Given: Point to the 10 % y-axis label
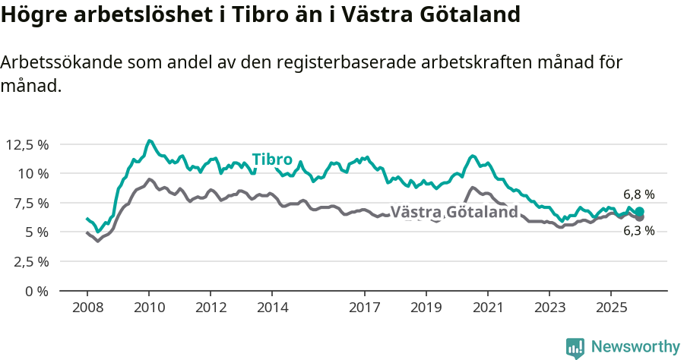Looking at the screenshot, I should coord(33,173).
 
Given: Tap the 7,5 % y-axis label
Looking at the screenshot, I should coord(30,203).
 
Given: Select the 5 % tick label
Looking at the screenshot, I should coord(36,232).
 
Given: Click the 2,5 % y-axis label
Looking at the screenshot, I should coord(30,261).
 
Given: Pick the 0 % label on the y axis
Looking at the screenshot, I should coord(36,291).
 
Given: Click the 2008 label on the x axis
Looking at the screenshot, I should coord(87,308).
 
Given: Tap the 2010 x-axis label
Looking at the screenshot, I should coord(149,308).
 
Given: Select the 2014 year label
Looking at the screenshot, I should coord(272,308).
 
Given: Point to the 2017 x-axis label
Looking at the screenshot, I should coord(365,308).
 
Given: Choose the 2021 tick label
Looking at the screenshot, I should coord(487,308).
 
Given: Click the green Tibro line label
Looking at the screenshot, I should coord(272,159).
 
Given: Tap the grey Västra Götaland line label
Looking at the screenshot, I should coord(454,212).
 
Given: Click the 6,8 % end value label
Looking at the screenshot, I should coord(638,194).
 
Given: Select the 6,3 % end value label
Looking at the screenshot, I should coord(638,231).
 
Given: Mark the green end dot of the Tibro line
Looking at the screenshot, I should coord(639,211).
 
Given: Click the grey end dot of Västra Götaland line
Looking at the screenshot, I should coord(639,218).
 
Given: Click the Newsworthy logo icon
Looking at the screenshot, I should coord(575,347).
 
